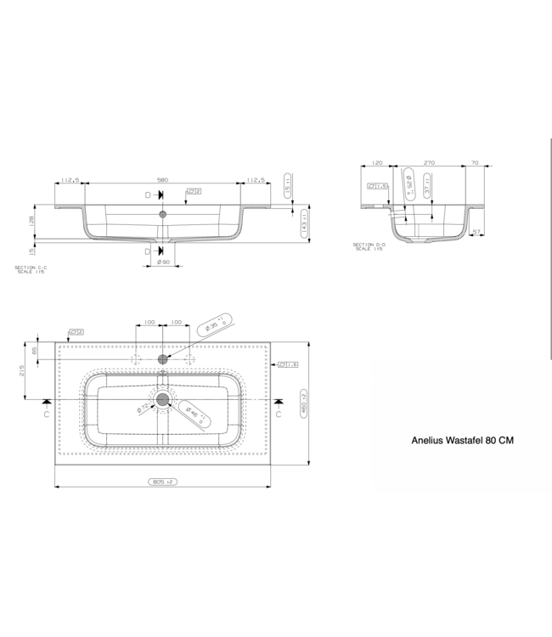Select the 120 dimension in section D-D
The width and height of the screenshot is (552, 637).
pos(378,161)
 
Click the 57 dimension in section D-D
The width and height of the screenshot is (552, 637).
pos(476,230)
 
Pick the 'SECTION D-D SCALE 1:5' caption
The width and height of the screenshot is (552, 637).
pos(367,246)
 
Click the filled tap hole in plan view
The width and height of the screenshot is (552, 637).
pos(164,360)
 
